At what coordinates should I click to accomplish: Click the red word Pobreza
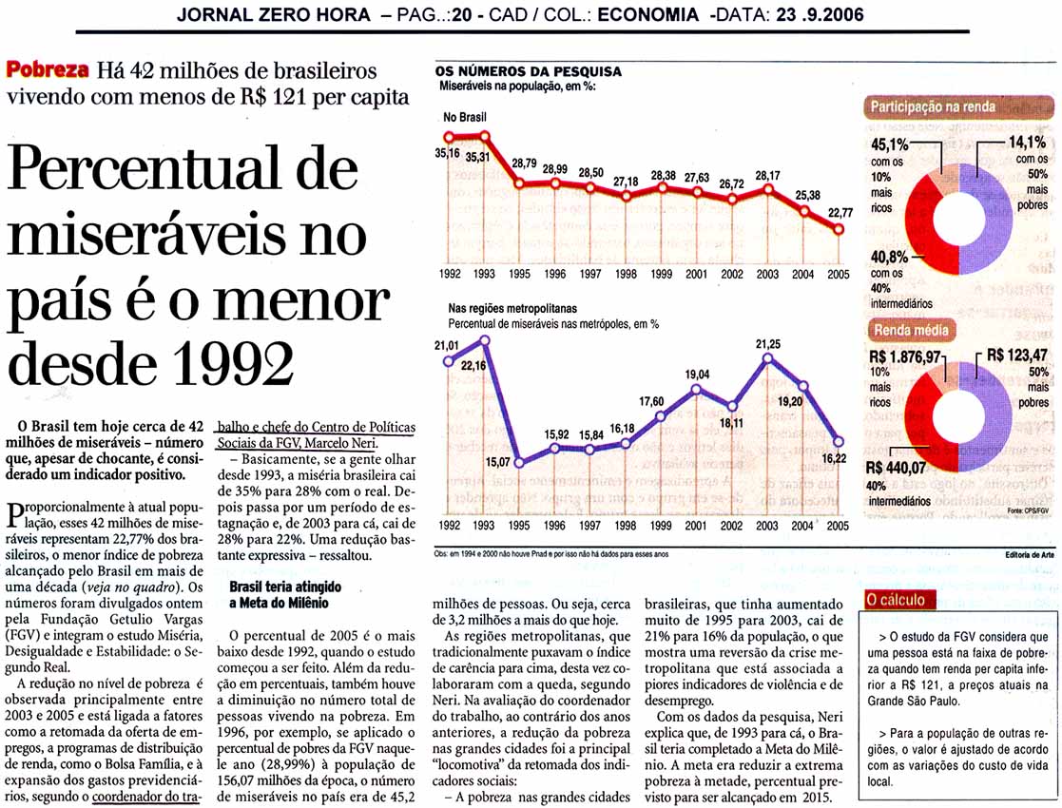coord(48,69)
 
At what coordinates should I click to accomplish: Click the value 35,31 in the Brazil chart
coord(477,157)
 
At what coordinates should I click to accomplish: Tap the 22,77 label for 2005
coord(840,213)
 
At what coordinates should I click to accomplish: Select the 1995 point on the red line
coord(519,183)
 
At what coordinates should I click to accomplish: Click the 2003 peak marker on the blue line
coord(767,358)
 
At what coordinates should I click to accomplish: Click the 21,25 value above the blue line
coord(768,344)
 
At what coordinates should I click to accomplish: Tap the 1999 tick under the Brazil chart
coord(661,275)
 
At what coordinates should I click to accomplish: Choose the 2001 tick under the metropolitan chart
coord(696,526)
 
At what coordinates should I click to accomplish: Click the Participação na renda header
coord(932,106)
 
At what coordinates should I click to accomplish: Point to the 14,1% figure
coord(1028,143)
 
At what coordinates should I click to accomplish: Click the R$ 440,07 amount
coord(896,468)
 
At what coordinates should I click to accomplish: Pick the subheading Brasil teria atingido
coord(285,587)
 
